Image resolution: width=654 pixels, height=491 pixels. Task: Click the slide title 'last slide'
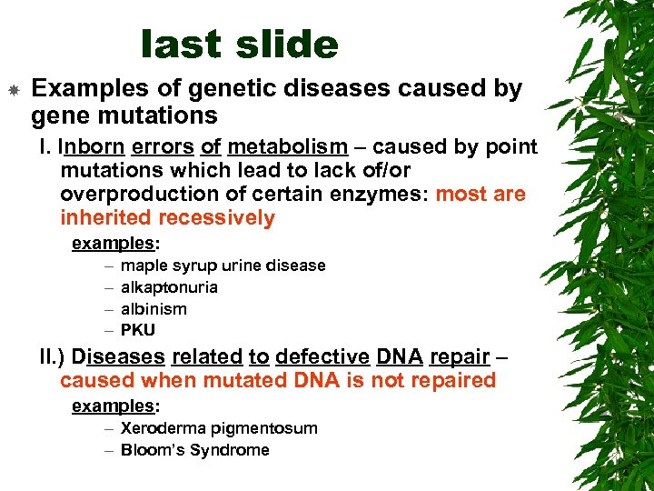click(240, 44)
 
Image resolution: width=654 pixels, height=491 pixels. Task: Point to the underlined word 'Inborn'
click(92, 147)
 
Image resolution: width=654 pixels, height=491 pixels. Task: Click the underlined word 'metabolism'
click(288, 147)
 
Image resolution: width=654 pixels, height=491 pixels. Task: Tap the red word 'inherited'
click(106, 218)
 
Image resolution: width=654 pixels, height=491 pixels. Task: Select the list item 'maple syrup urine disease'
click(223, 266)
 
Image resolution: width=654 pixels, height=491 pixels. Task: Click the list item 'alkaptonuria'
click(169, 287)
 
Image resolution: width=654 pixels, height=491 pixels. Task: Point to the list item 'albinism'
click(154, 309)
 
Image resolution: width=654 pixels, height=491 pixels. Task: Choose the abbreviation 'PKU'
click(138, 330)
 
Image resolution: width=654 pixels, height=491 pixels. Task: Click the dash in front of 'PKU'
click(109, 330)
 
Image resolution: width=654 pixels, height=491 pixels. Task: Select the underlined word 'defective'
click(319, 356)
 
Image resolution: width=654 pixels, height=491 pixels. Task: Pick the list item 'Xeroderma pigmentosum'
click(219, 428)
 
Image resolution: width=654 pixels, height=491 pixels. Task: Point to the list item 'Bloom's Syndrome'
click(194, 450)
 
